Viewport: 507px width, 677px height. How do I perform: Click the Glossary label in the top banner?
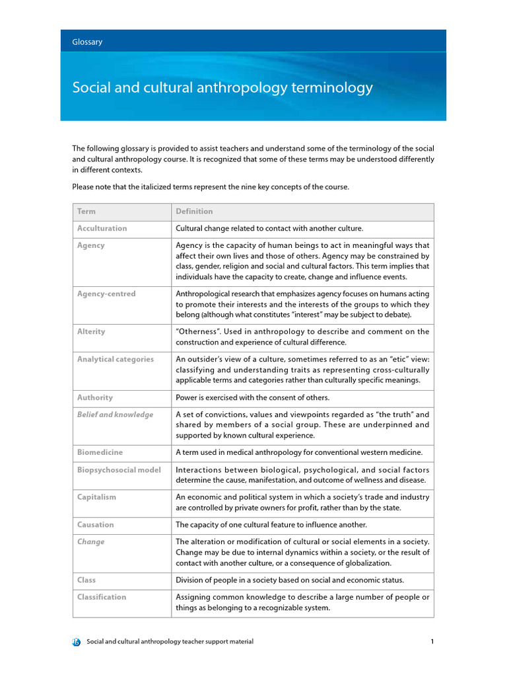[87, 42]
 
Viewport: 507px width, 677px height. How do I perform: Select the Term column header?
[86, 212]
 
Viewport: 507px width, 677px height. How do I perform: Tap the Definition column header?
[194, 212]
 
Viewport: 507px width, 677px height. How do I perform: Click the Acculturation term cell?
[102, 229]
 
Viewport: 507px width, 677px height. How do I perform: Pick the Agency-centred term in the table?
[106, 294]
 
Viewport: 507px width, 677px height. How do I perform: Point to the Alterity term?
[91, 332]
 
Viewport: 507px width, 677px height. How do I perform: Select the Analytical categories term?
[116, 360]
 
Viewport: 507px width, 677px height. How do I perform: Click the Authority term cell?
[95, 398]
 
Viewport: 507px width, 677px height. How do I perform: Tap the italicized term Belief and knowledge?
[115, 415]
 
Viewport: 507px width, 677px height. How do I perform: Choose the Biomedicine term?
[100, 453]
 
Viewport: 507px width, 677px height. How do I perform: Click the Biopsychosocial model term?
[119, 469]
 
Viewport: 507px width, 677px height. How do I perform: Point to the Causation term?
[96, 525]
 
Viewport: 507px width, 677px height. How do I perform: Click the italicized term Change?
[91, 542]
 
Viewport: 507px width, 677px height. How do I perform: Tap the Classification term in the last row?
[102, 598]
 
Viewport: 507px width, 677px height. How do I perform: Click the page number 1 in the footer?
[431, 642]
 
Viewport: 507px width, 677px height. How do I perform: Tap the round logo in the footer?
[77, 642]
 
